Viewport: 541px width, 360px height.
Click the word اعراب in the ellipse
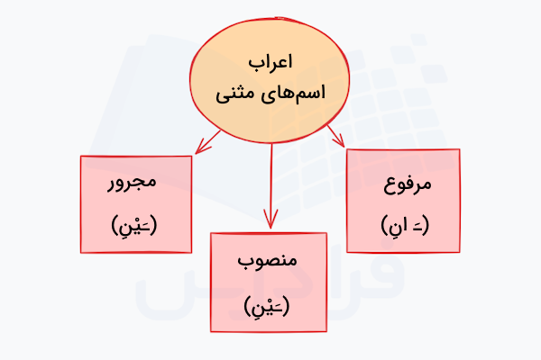[x=270, y=63]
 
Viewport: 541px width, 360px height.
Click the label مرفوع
[x=408, y=184]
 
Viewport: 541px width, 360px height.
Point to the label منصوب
[x=268, y=261]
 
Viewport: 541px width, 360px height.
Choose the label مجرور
[x=133, y=183]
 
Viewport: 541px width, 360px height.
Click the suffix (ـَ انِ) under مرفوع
[x=405, y=225]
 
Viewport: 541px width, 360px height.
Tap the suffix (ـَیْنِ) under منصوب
[x=267, y=306]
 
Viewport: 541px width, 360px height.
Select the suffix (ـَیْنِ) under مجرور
[x=134, y=225]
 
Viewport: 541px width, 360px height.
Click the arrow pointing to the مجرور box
[x=207, y=142]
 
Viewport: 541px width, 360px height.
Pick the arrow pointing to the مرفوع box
[x=335, y=136]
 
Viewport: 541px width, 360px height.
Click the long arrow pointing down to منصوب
[x=271, y=186]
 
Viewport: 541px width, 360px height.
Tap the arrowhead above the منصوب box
[x=270, y=219]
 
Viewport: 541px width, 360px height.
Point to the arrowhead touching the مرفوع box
[x=340, y=140]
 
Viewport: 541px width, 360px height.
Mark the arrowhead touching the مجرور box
[x=202, y=148]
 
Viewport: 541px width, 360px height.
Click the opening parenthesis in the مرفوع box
[x=425, y=225]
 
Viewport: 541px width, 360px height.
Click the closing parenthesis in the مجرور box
[x=115, y=225]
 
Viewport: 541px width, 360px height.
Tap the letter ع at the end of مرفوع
[x=390, y=186]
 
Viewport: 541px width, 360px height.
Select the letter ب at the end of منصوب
[x=245, y=263]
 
